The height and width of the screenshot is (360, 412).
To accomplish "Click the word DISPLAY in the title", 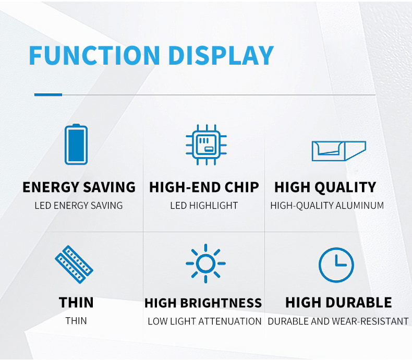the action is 221,55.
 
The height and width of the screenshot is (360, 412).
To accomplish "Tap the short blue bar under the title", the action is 48,94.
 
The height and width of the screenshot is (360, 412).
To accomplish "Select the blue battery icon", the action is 76,145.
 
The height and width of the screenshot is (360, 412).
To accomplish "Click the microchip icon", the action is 207,145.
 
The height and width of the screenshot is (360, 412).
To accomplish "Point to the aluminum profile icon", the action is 339,151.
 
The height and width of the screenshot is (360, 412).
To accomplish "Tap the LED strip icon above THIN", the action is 74,265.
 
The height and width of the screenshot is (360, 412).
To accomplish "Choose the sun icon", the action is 205,263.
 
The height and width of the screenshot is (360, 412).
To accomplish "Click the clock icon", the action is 336,265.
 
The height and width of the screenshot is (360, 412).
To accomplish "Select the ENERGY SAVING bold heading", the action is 79,187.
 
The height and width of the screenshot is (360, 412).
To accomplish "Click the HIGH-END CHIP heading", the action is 204,187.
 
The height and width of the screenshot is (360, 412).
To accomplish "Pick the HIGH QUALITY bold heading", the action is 325,188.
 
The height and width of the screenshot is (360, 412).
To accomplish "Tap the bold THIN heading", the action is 76,303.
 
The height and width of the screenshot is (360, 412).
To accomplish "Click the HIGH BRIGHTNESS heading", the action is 203,303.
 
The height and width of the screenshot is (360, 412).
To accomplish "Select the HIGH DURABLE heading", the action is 338,303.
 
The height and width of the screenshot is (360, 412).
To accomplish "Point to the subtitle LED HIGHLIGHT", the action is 204,206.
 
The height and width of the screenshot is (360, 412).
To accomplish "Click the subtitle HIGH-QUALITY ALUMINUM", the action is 327,206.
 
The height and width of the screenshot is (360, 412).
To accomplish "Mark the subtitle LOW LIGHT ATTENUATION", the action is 204,321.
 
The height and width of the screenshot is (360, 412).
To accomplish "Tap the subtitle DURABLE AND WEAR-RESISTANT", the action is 338,321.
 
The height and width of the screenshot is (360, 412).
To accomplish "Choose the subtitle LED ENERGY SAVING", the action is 79,206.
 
